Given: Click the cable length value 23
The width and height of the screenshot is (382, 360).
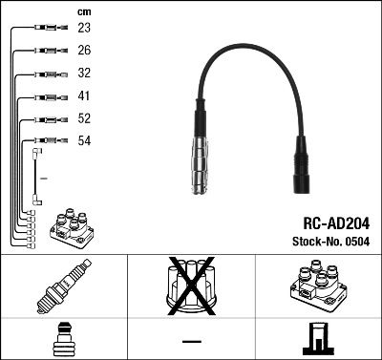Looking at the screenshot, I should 84,30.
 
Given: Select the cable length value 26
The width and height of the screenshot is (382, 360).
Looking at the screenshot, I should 84,52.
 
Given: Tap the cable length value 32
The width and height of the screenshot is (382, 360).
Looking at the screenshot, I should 84,74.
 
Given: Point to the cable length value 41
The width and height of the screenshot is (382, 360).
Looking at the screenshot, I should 84,96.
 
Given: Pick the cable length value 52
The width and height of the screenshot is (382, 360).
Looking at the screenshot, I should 84,119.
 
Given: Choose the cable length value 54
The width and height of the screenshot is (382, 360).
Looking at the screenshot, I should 84,141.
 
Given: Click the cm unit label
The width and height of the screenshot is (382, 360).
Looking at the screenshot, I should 83,11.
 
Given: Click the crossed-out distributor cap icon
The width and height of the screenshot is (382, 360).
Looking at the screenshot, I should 190,286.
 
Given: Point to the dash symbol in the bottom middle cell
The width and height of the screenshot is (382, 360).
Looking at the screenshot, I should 191,340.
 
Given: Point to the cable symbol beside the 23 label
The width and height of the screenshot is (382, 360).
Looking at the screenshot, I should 48,30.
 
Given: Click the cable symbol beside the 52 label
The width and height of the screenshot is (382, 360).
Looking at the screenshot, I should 48,119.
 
